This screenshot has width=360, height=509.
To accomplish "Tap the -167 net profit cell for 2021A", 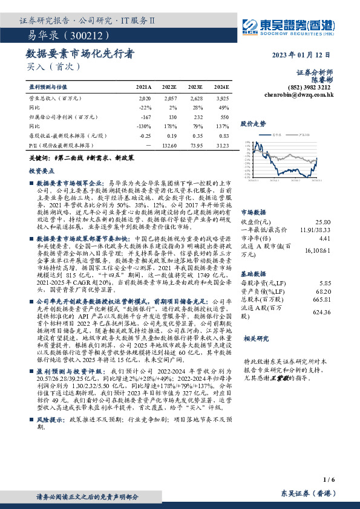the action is (145, 117).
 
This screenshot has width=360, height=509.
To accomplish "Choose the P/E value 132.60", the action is (169, 146).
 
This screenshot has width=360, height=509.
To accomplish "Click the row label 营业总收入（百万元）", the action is (55, 97).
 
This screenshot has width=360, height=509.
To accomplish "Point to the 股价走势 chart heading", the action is (254, 123).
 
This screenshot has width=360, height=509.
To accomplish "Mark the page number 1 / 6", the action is (329, 478).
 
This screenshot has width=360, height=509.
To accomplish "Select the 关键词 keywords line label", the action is (39, 158).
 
